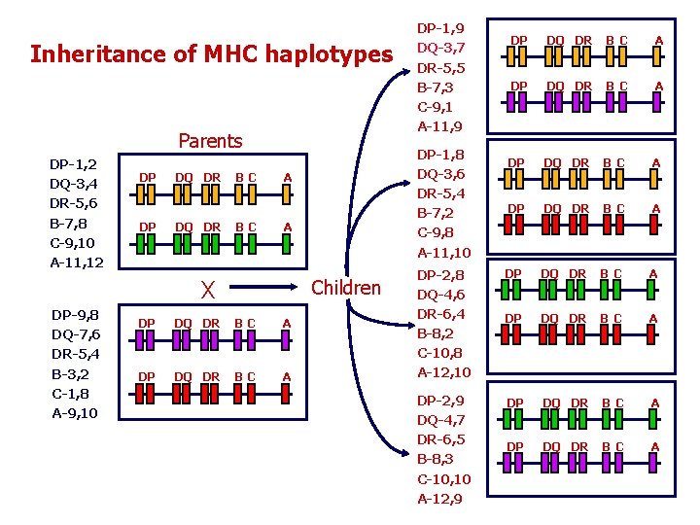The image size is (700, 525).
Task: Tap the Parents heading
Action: (210, 141)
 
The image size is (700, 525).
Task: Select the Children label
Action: (345, 287)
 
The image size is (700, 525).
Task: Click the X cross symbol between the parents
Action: (206, 290)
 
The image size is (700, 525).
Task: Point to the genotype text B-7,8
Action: (70, 224)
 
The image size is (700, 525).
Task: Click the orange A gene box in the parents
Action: (286, 194)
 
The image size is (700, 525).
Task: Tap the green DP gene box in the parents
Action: (147, 245)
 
